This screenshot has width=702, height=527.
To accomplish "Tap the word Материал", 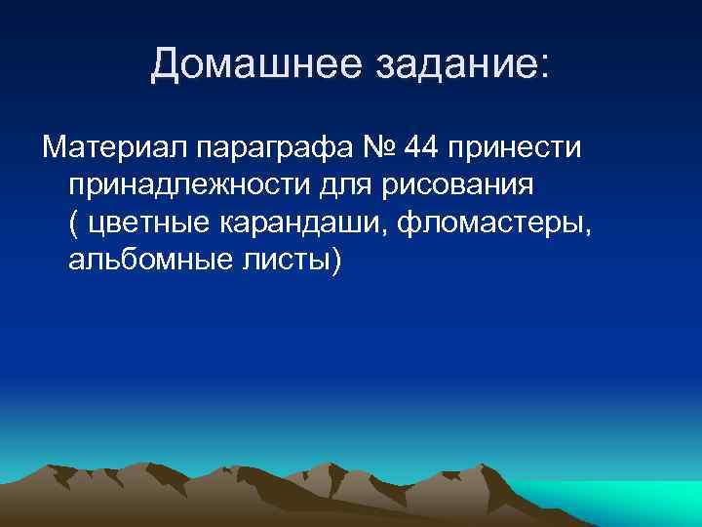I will (114, 148).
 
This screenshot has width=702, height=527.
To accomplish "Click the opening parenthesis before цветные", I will (75, 223).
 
